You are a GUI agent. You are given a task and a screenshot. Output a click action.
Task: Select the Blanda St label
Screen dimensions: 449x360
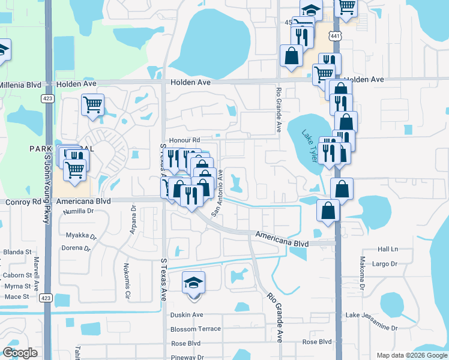(17, 252)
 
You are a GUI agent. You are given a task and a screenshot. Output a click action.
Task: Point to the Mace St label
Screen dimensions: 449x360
(17, 296)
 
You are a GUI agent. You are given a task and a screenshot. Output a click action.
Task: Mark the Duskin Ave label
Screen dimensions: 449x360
(187, 314)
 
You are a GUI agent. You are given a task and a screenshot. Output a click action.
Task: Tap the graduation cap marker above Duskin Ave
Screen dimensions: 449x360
(193, 282)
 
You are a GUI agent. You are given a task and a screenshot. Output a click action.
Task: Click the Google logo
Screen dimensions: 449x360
(19, 353)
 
